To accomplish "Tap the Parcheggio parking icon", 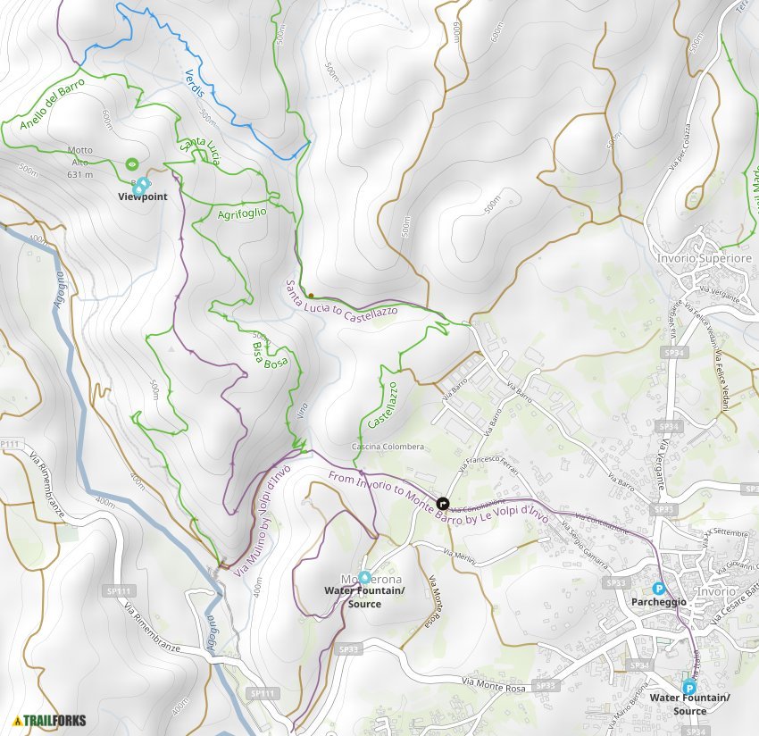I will click(x=658, y=589).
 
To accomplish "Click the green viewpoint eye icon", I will click(x=132, y=163).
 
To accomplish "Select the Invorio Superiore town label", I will click(x=704, y=258).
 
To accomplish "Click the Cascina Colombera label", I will click(x=388, y=447).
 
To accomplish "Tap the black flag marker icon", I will click(x=443, y=503).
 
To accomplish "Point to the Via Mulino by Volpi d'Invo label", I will click(x=263, y=516).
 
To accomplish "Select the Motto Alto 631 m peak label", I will click(x=79, y=163).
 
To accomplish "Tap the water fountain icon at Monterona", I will click(x=364, y=577).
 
